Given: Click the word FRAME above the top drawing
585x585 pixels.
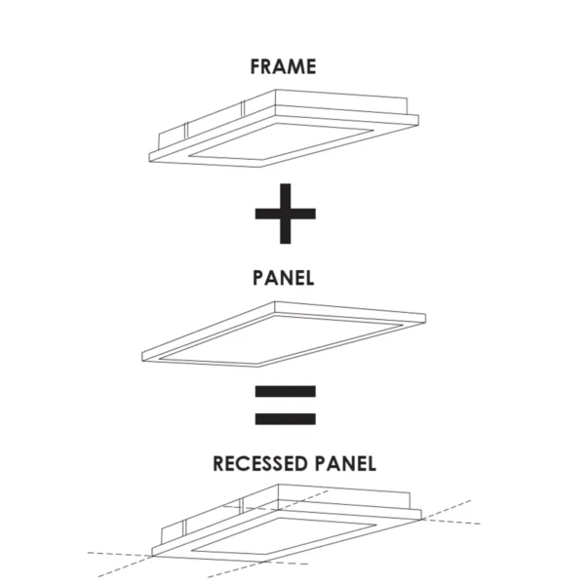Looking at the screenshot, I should tap(283, 67).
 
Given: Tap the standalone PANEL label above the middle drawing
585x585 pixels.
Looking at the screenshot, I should tap(283, 277).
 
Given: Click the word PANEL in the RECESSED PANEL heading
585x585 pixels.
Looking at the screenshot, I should tap(341, 462).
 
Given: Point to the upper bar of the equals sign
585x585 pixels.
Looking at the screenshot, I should tap(285, 393).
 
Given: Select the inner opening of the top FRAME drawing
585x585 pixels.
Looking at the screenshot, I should tap(283, 140).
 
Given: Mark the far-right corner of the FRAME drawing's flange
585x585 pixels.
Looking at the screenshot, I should tap(421, 117).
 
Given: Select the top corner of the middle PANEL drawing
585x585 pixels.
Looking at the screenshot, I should tap(275, 301).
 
